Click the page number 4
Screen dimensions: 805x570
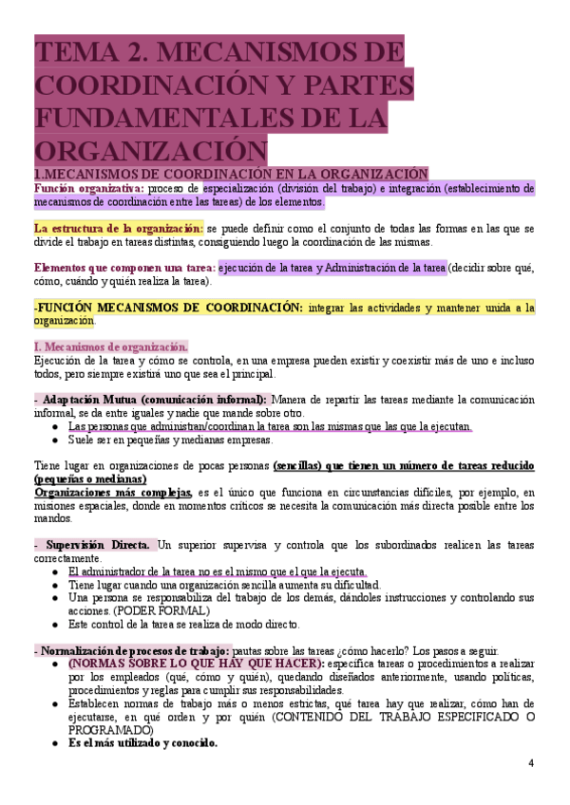[x=531, y=763]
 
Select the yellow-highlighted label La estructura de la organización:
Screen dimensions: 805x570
[x=118, y=229]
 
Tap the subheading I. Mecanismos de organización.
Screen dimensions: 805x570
[x=110, y=346]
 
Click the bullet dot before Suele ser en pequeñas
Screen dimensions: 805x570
[x=58, y=440]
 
